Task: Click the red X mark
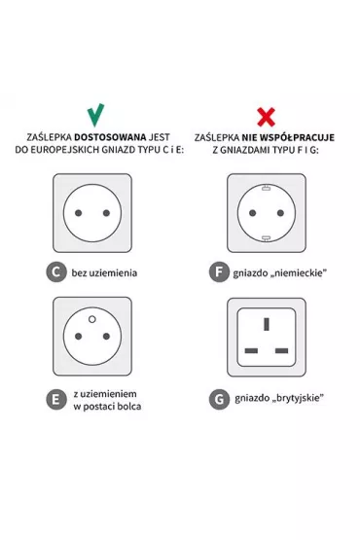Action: coord(266,117)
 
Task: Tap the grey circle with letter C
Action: coord(55,272)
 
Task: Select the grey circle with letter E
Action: coord(55,400)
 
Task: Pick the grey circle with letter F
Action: coord(219,272)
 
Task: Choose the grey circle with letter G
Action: coord(219,400)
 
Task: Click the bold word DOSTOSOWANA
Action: coord(110,137)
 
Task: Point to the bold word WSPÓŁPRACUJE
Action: coord(297,137)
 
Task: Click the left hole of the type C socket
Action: coord(79,213)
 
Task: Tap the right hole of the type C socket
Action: coord(106,213)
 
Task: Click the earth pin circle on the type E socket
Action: coord(92,319)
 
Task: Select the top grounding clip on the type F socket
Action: coord(266,188)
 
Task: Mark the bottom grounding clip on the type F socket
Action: coord(266,238)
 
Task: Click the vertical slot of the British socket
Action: coord(267,324)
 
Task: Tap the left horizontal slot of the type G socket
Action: coord(251,351)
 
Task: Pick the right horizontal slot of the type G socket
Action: coord(282,351)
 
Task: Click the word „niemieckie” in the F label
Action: coord(298,273)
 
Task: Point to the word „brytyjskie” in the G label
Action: coord(298,399)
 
